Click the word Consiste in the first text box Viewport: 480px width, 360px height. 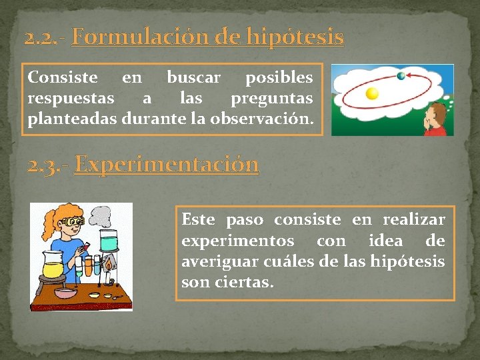point(63,77)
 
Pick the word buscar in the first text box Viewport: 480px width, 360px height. point(193,77)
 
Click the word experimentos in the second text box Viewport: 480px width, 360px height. point(237,240)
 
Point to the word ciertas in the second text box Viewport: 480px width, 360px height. point(244,282)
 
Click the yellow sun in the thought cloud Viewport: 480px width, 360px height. point(372,94)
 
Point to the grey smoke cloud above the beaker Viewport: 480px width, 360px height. point(101,217)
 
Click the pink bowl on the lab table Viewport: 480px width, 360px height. point(65,293)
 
